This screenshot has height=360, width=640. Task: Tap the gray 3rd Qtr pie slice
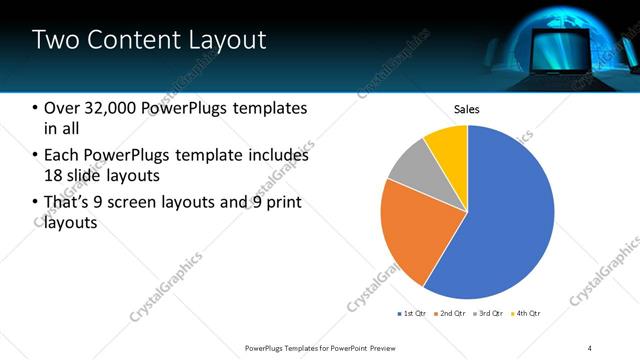pos(410,169)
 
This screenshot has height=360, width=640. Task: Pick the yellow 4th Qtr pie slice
pos(448,145)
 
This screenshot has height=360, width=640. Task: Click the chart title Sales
pos(467,109)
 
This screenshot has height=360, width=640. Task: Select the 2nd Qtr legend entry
pos(450,314)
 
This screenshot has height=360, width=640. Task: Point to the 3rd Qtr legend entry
pos(488,314)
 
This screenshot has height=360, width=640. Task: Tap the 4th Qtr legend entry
pos(527,314)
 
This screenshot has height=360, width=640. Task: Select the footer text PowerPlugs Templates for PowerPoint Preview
pos(321,347)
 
